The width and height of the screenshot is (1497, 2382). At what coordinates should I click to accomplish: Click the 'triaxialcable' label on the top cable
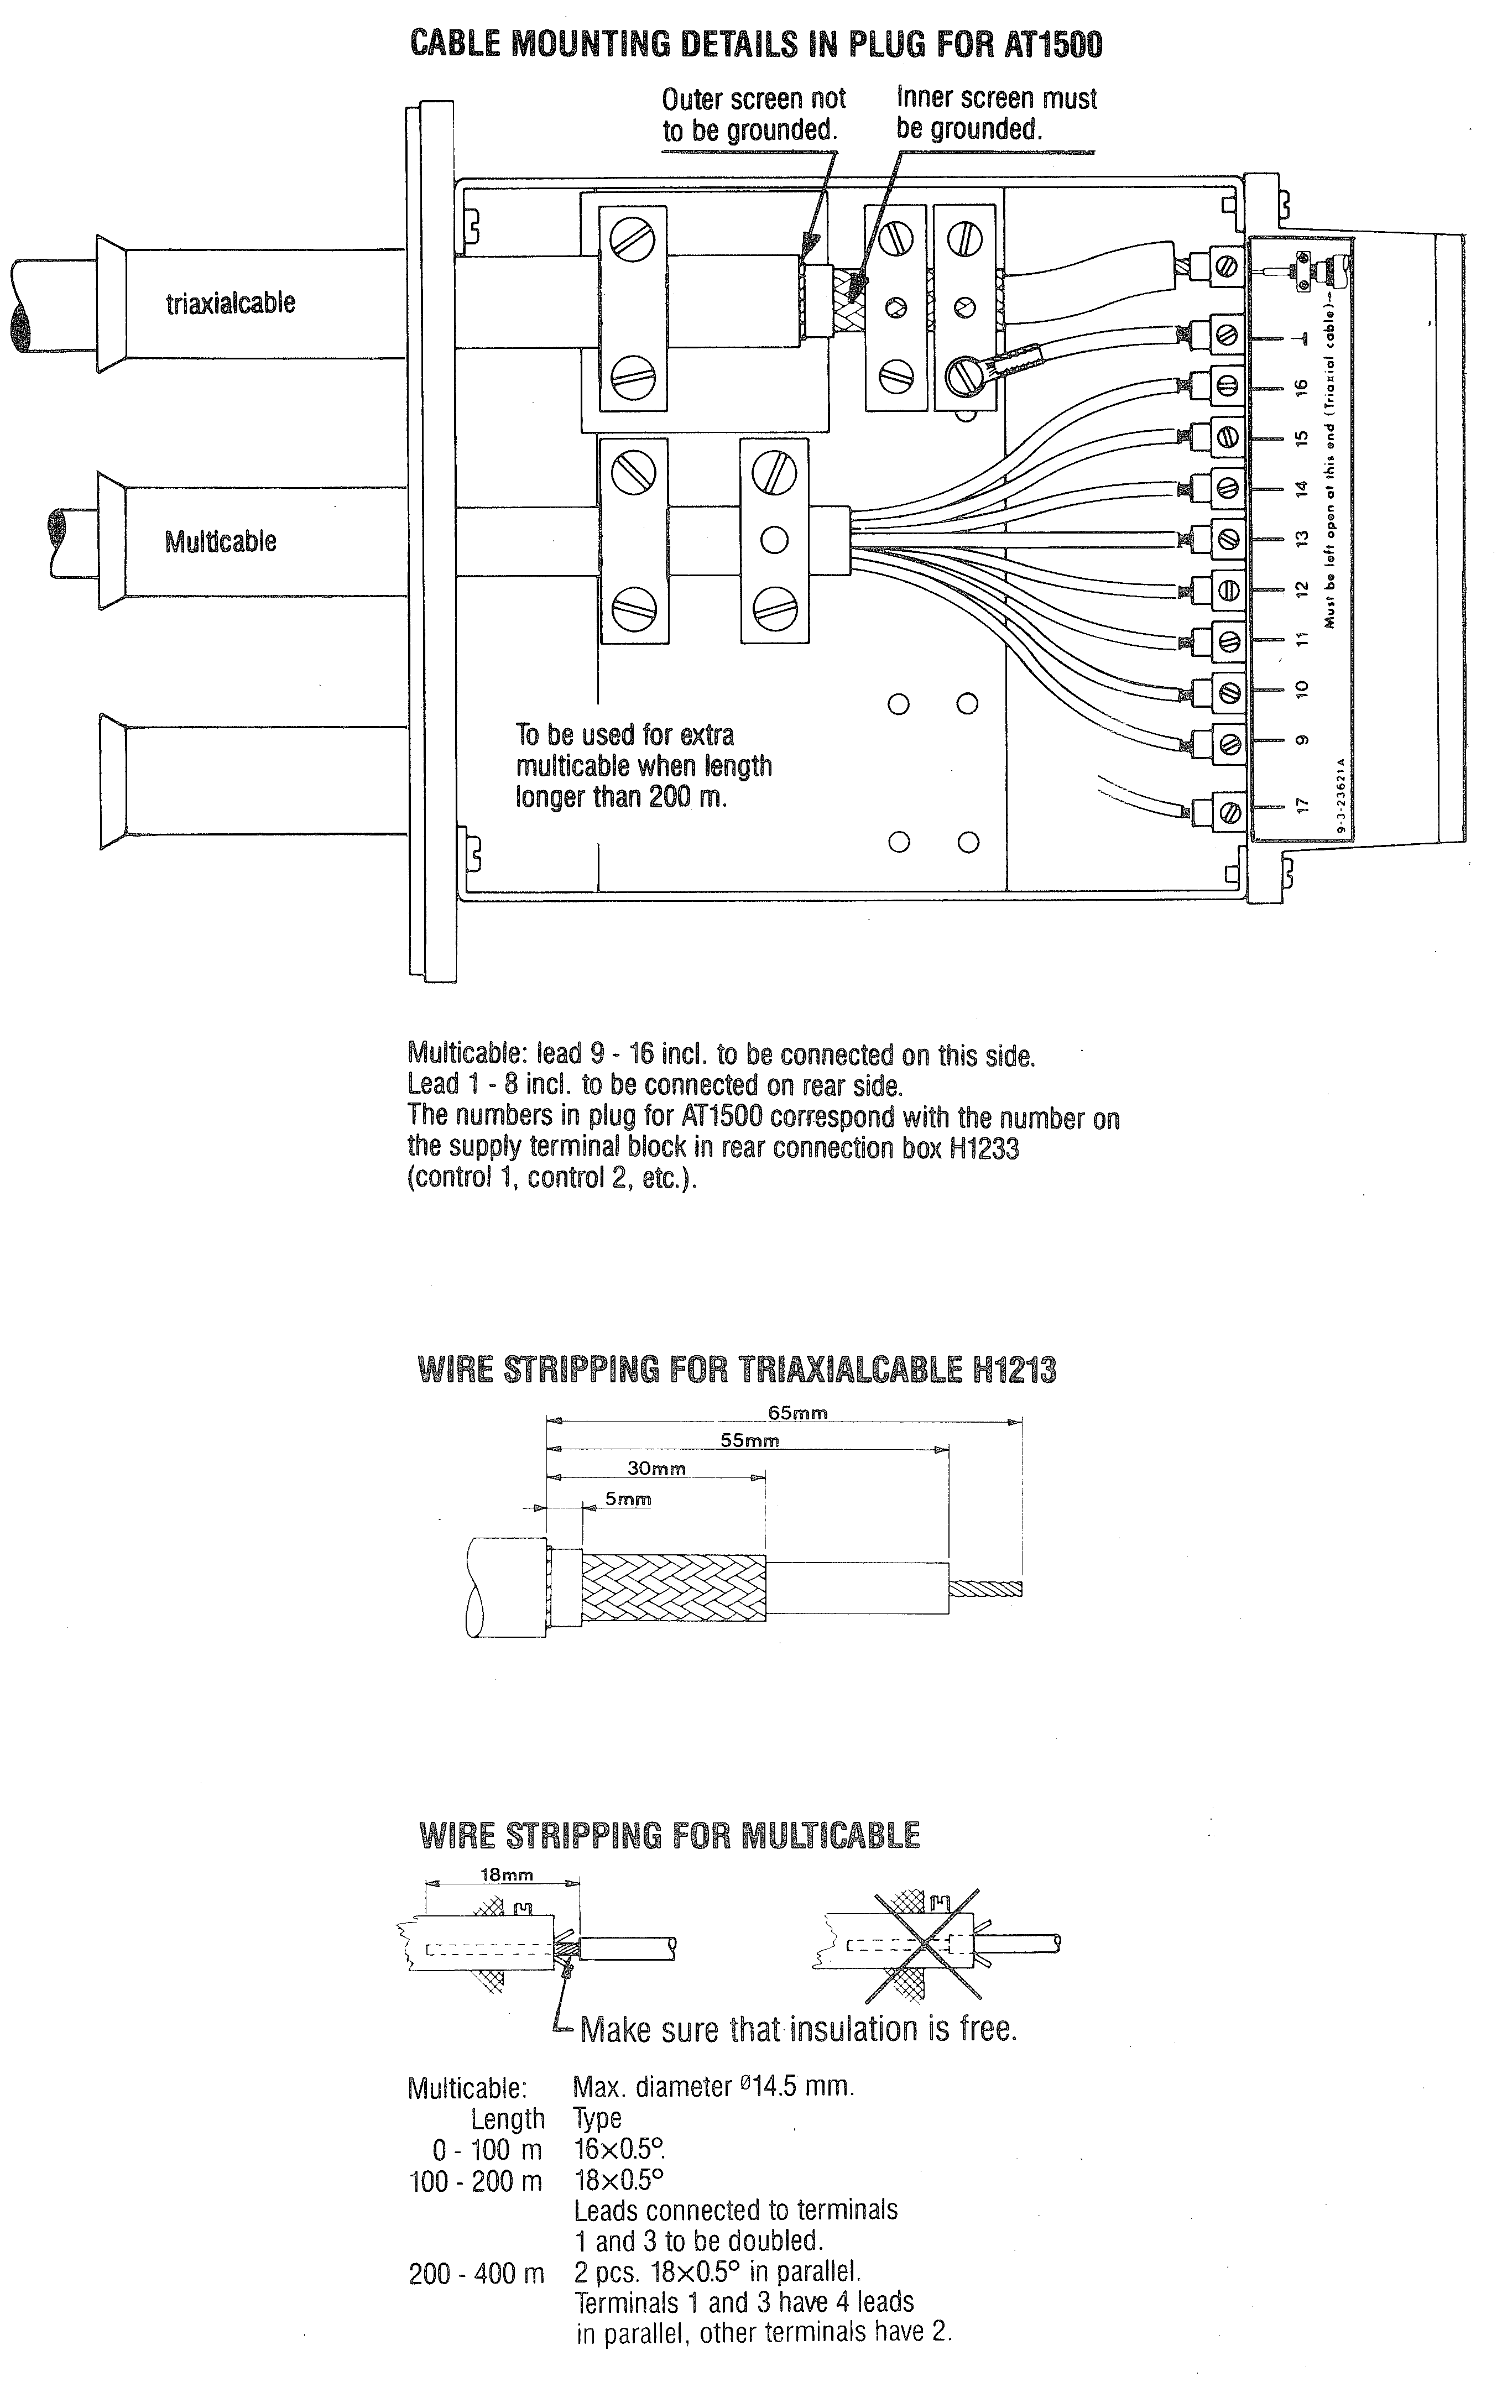click(x=231, y=302)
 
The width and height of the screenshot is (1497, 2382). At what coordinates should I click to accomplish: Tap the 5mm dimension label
click(x=628, y=1498)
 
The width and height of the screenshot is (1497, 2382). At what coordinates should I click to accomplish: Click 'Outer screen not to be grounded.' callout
click(x=753, y=114)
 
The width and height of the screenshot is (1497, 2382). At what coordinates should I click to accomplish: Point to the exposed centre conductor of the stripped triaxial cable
click(x=985, y=1590)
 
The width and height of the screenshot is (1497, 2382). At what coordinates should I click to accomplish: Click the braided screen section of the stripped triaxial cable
click(x=673, y=1587)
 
